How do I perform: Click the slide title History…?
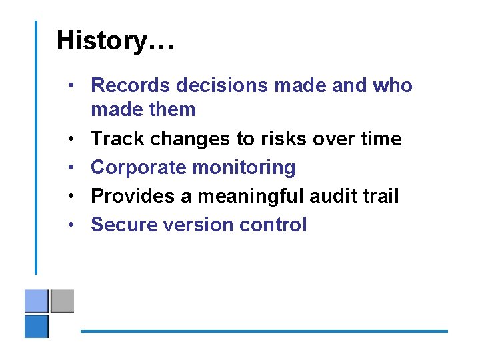[x=115, y=41]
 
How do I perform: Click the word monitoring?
[x=243, y=168]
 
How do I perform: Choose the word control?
[x=273, y=225]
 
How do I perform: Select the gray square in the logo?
[x=62, y=301]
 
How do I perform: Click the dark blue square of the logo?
[x=37, y=326]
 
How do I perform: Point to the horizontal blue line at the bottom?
[x=264, y=331]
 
